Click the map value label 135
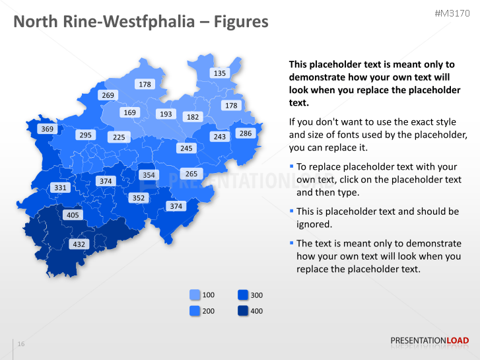coord(219,73)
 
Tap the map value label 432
coord(79,244)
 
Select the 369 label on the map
coord(47,129)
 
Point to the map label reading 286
coord(245,133)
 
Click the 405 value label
coord(73,215)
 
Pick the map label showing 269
coord(108,95)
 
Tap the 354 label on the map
coord(149,175)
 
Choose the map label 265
coord(191,174)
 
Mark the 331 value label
coord(60,188)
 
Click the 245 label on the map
coord(186,149)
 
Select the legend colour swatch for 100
coord(195,295)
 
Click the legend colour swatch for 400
coord(243,310)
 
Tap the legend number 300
coord(257,295)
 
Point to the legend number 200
coord(208,310)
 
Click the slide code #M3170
coord(452,14)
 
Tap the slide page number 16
coord(21,344)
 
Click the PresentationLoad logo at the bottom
coord(430,341)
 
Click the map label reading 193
coord(166,114)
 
